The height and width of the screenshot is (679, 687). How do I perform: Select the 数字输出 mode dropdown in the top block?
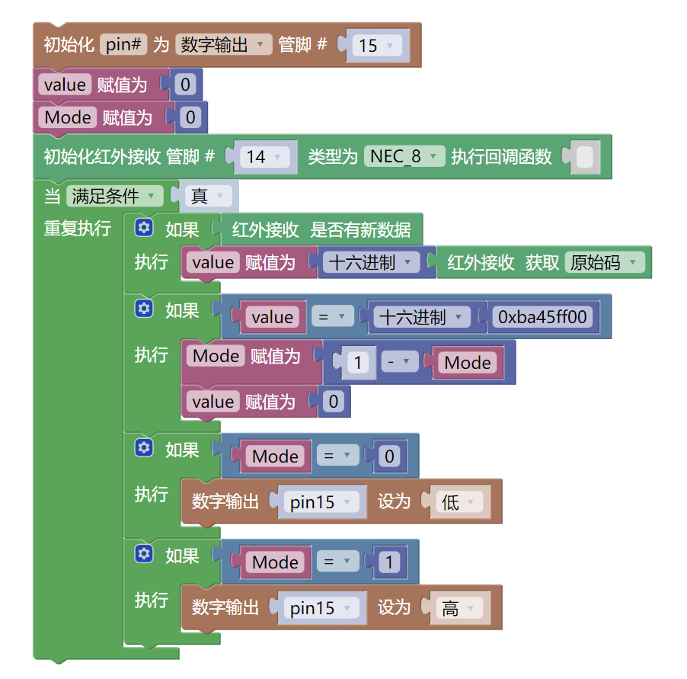pos(223,45)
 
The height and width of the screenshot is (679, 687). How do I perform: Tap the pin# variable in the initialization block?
pos(123,45)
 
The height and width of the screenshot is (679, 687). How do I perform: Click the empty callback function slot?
pos(584,158)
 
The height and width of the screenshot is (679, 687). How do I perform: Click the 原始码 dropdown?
pos(605,263)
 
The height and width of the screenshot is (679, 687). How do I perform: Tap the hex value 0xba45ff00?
pos(542,317)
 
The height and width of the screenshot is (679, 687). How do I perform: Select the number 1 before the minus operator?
pos(358,363)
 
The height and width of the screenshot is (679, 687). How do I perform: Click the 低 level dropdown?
pos(459,502)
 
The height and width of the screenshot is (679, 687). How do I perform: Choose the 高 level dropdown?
pos(459,608)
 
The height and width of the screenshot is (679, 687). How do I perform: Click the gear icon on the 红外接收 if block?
pos(144,228)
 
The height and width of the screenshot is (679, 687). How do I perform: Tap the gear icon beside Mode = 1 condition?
pos(144,554)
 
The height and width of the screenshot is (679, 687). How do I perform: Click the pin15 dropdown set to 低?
pos(321,502)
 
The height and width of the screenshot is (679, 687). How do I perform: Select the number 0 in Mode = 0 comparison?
pos(389,456)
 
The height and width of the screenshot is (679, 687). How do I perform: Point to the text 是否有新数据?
pos(360,229)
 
